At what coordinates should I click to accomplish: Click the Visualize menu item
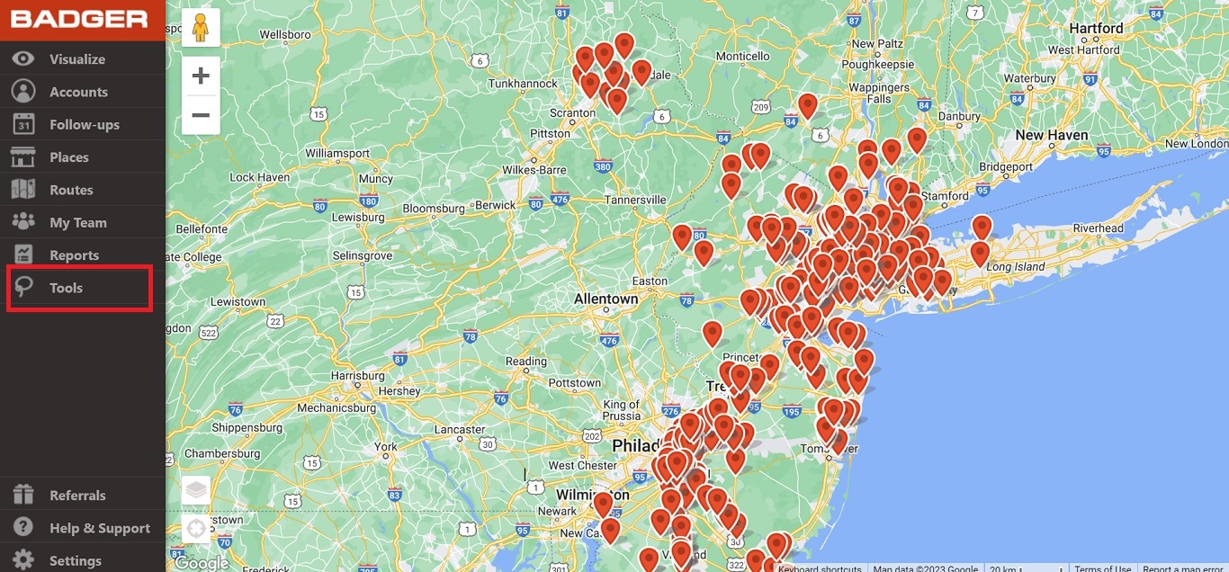[77, 59]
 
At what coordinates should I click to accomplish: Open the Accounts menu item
[78, 92]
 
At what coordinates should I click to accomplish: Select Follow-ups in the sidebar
[84, 125]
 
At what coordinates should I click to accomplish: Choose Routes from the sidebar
[71, 190]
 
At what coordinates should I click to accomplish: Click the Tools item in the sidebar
[66, 288]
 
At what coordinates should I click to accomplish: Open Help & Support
[99, 528]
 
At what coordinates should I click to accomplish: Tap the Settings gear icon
[23, 559]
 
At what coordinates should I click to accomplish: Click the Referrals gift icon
[23, 495]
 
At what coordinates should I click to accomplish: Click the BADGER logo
[79, 19]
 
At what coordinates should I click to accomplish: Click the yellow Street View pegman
[201, 29]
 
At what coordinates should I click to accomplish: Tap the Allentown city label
[606, 299]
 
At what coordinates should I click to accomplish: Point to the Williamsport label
[337, 153]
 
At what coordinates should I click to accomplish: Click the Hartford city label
[1096, 28]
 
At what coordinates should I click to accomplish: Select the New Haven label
[1052, 135]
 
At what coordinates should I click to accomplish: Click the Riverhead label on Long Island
[1098, 228]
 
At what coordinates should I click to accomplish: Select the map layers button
[196, 491]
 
